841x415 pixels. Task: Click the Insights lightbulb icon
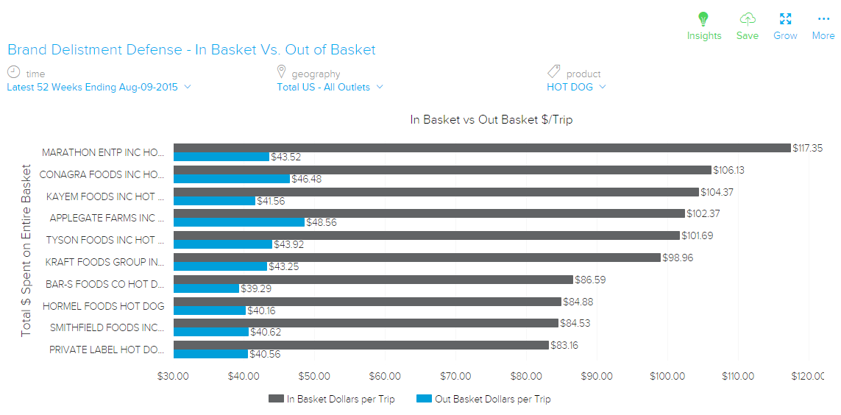[703, 19]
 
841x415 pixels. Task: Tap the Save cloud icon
[748, 19]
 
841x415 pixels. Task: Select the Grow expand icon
[785, 19]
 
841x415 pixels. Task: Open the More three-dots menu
[823, 19]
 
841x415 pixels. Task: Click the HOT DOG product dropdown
[576, 87]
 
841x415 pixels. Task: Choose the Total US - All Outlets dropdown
[330, 87]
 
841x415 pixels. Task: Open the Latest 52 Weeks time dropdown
[99, 87]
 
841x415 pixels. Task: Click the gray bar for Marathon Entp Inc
[482, 148]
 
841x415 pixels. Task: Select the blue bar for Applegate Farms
[239, 222]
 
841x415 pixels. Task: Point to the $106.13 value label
[728, 170]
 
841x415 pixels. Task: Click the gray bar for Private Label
[361, 345]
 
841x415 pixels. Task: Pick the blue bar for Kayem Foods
[214, 201]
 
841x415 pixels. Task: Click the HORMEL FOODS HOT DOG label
[104, 306]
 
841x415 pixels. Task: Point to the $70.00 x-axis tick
[455, 377]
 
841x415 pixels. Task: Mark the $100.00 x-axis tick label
[667, 377]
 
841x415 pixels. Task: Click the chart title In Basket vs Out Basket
[491, 119]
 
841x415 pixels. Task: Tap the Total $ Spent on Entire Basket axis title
[26, 252]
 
